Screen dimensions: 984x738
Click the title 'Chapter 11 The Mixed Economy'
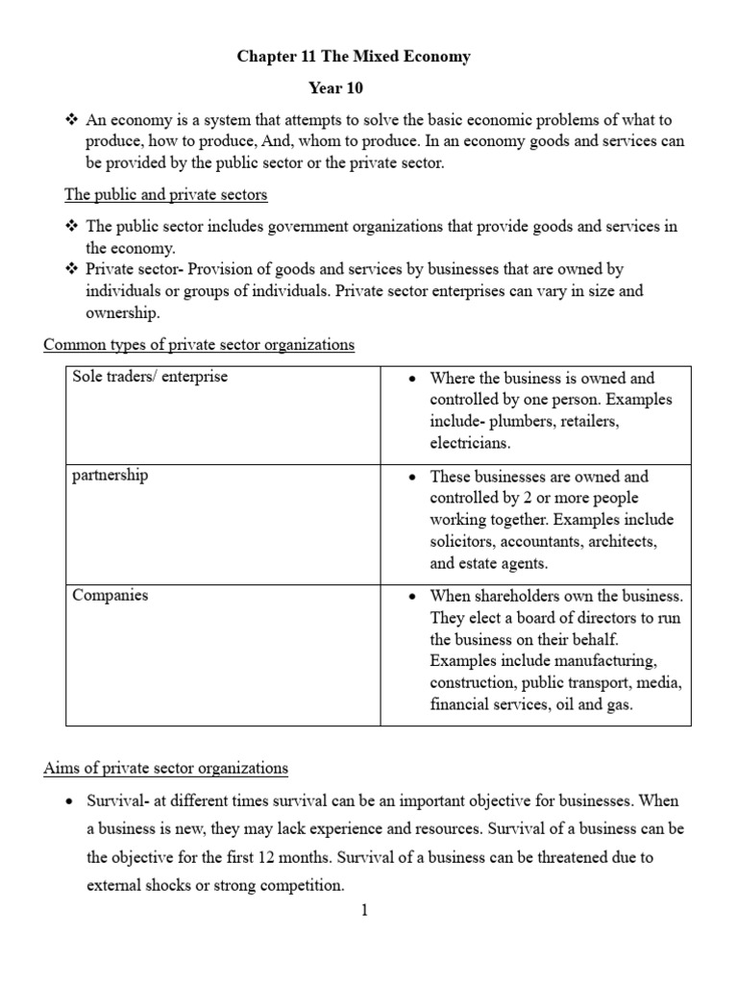pyautogui.click(x=354, y=57)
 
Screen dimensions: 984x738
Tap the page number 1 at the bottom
pyautogui.click(x=365, y=911)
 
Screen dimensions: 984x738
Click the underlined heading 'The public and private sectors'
pyautogui.click(x=165, y=195)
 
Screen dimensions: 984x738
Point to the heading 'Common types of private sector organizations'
pyautogui.click(x=199, y=344)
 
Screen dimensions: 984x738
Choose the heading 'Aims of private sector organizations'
pyautogui.click(x=165, y=768)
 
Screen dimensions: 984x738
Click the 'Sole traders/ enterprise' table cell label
pyautogui.click(x=150, y=377)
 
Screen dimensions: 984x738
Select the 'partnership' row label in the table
pyautogui.click(x=111, y=476)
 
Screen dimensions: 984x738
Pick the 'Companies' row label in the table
pyautogui.click(x=111, y=595)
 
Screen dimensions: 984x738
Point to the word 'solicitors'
pyautogui.click(x=463, y=542)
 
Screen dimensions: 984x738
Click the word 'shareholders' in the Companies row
pyautogui.click(x=519, y=596)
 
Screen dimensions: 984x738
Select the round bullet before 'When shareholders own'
pyautogui.click(x=411, y=597)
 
